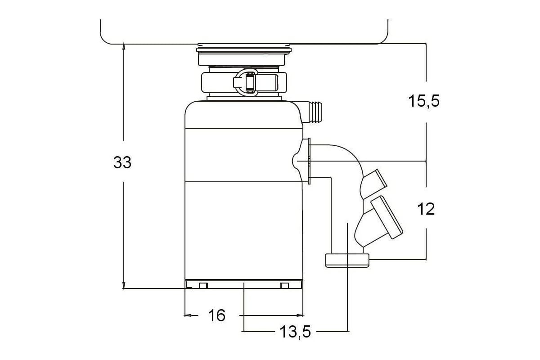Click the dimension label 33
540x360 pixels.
pos(122,162)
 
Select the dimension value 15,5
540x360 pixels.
pos(424,101)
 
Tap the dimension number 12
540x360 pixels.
pos(426,209)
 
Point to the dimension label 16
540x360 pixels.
pos(217,315)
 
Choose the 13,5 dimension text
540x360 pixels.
pos(295,332)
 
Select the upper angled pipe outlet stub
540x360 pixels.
pos(373,184)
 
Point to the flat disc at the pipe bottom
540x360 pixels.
pos(347,261)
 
